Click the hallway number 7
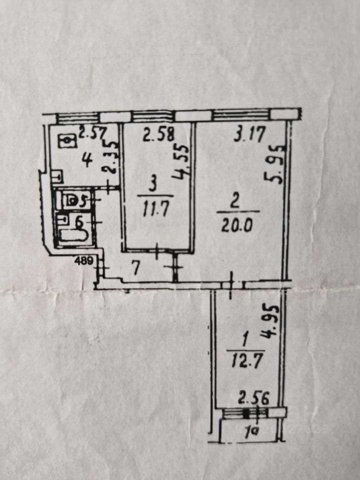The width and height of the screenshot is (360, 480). click(135, 268)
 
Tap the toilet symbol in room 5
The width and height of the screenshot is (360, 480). click(72, 201)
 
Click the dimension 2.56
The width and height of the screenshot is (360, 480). click(254, 398)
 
